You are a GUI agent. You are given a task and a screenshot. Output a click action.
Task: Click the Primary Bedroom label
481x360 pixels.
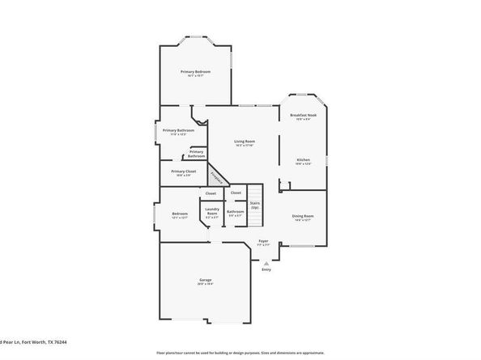195,72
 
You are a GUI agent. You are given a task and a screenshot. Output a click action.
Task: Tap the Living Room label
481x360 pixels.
245,142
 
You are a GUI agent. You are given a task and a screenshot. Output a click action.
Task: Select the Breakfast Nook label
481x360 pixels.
303,116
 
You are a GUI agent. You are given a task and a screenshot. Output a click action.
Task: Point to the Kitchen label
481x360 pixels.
303,160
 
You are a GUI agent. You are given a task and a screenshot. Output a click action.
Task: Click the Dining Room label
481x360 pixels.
303,216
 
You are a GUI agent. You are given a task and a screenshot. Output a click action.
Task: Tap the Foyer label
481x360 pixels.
263,241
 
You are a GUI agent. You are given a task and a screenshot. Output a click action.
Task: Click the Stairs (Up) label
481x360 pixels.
254,205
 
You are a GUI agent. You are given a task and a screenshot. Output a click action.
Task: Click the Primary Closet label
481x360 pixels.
183,172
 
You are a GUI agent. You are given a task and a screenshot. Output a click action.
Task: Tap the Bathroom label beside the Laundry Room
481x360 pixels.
235,212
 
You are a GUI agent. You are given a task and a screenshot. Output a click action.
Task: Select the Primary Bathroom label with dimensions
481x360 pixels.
177,130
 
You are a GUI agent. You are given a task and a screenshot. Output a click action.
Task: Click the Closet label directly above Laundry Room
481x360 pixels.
211,193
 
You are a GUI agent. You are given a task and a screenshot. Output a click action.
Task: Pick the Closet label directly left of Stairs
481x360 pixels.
236,193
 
